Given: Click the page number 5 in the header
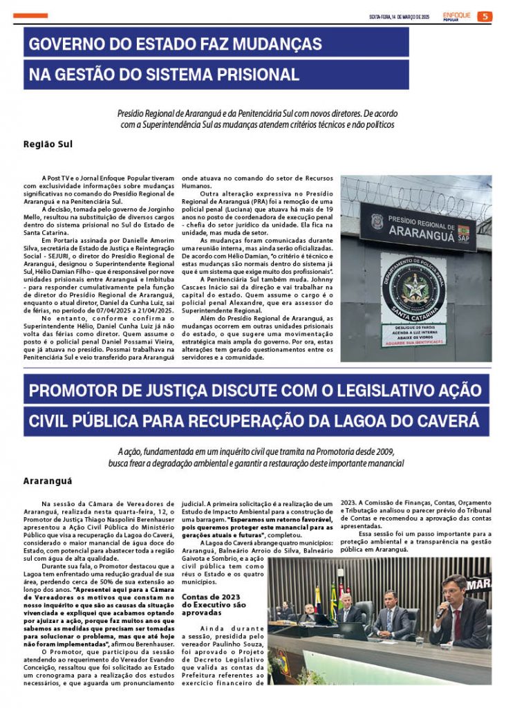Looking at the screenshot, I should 485,16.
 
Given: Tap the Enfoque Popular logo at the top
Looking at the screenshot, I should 456,16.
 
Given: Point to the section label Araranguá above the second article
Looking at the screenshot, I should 48,480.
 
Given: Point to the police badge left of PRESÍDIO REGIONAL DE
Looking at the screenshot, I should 376,221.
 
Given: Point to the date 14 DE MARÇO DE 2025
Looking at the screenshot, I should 401,17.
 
